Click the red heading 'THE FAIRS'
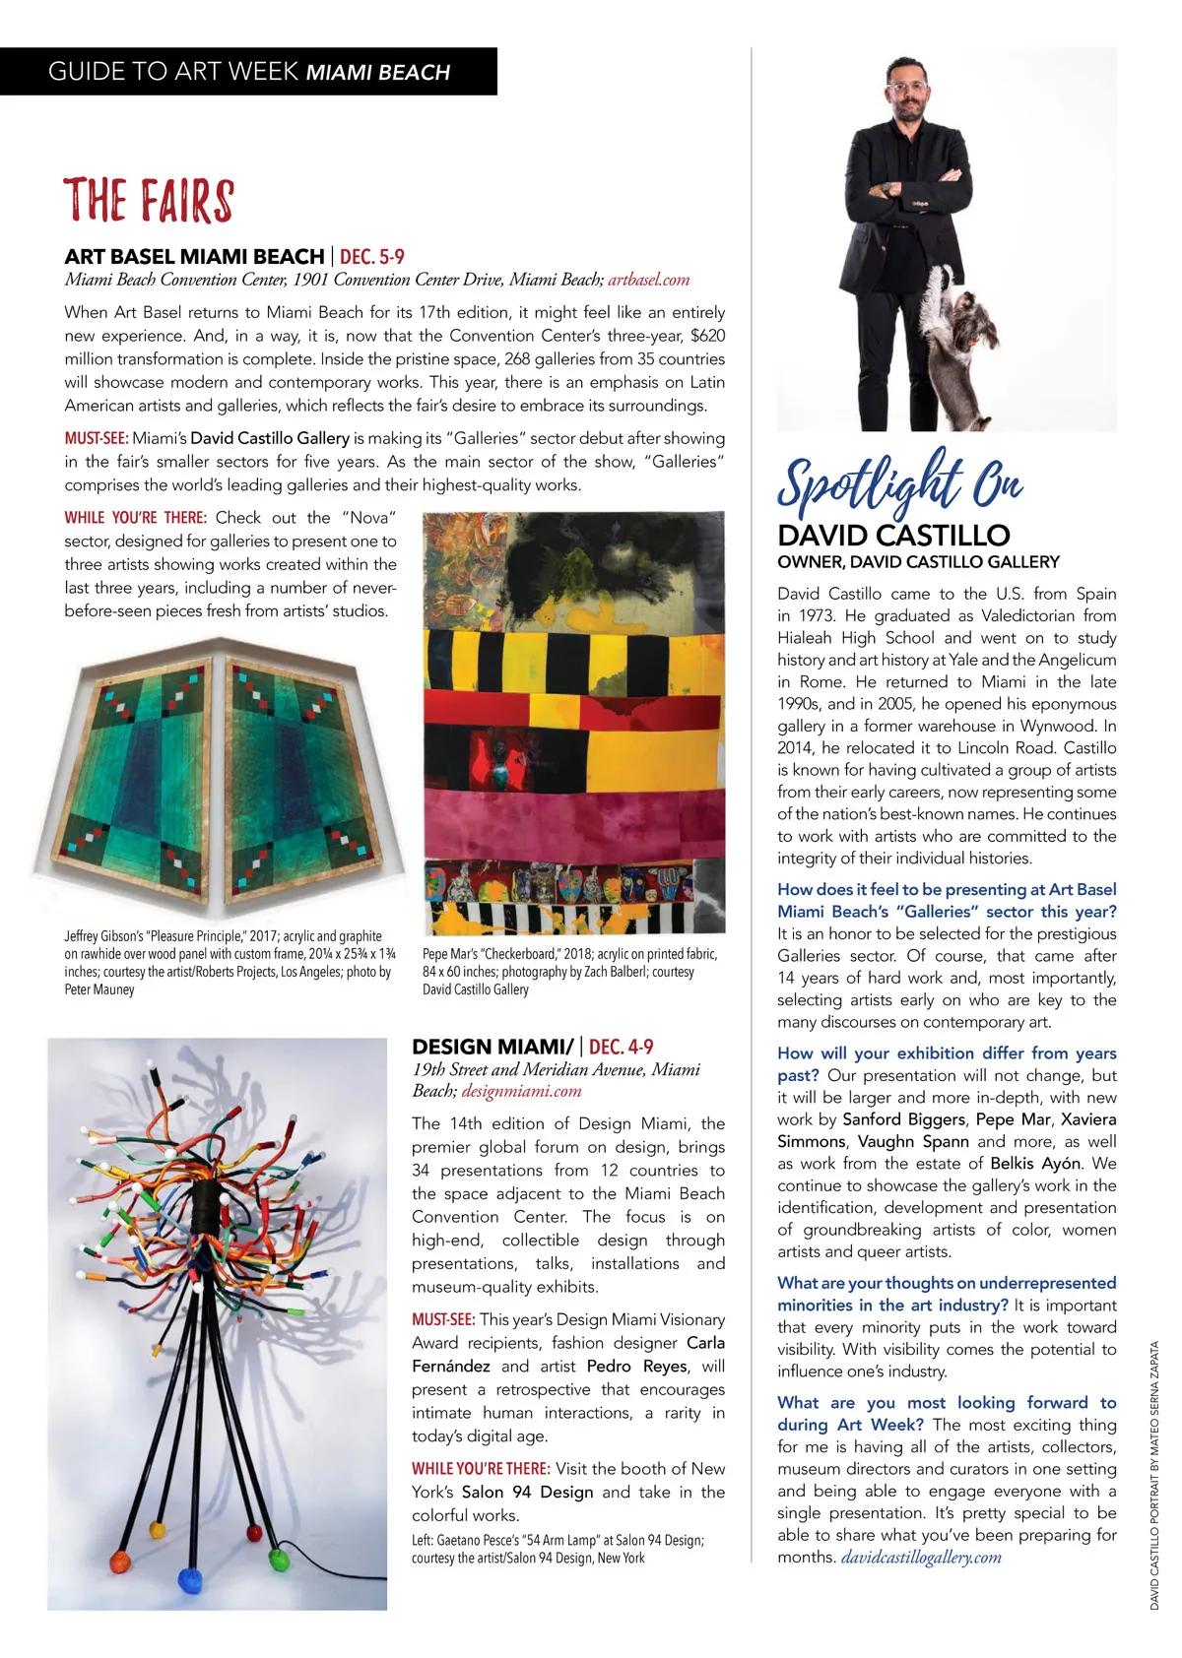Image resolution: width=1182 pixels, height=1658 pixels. pyautogui.click(x=149, y=201)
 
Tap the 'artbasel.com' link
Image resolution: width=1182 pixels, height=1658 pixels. pyautogui.click(x=648, y=280)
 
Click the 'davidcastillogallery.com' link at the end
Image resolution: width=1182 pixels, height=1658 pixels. pyautogui.click(x=920, y=1558)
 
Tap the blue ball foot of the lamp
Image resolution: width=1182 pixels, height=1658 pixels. pyautogui.click(x=187, y=1579)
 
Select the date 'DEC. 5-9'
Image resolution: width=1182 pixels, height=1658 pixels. pyautogui.click(x=372, y=257)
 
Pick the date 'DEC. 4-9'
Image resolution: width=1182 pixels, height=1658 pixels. pyautogui.click(x=621, y=1047)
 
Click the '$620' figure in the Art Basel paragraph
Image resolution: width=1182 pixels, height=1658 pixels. pyautogui.click(x=707, y=336)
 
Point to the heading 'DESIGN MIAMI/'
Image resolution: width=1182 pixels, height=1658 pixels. pyautogui.click(x=492, y=1047)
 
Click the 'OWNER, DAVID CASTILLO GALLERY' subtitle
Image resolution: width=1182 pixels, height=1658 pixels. pyautogui.click(x=918, y=562)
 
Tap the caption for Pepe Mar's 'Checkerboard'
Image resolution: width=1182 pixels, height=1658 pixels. pyautogui.click(x=569, y=971)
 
